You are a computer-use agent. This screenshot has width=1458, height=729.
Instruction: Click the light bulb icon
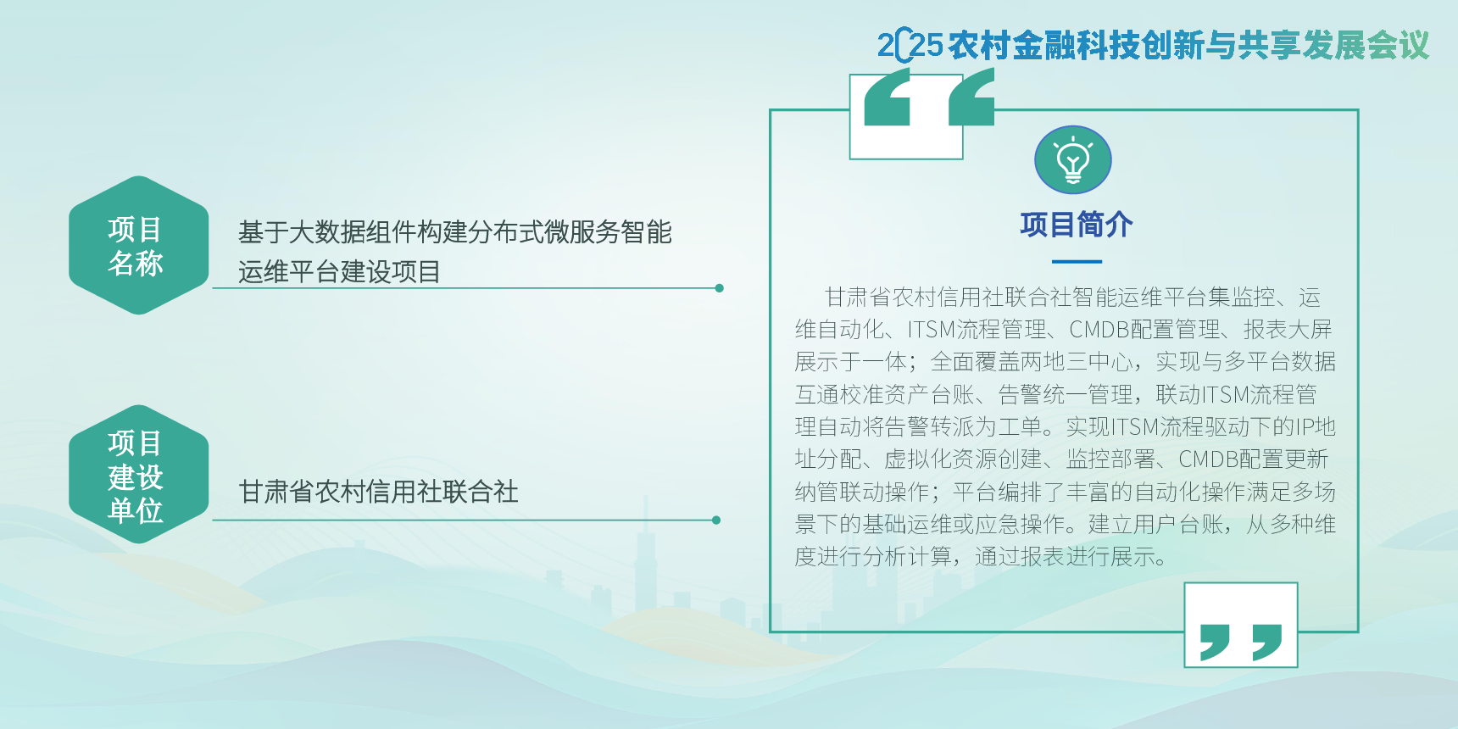coord(1072,160)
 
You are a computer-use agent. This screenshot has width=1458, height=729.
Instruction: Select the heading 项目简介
coord(1077,225)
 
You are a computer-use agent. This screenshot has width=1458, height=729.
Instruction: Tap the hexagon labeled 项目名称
coord(139,245)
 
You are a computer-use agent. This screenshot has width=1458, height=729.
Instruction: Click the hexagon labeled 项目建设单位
coord(139,475)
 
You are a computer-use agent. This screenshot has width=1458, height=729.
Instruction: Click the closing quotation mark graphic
coord(1241,642)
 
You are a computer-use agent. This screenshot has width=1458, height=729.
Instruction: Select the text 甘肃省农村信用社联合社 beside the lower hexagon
coord(378,492)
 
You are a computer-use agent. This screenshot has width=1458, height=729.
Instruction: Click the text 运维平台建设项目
coord(339,272)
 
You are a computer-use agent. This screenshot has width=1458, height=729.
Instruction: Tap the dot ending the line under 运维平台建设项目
coord(719,288)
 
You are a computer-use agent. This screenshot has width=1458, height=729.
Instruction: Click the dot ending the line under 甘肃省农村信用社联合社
coord(716,520)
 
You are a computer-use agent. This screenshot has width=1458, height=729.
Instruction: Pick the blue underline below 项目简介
coord(1077,262)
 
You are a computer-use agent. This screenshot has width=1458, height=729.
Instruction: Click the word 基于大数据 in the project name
coord(289,232)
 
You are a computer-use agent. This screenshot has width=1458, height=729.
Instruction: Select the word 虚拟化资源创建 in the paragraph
coord(963,459)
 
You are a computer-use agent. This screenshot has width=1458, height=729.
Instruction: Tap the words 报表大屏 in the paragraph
coord(1288,330)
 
